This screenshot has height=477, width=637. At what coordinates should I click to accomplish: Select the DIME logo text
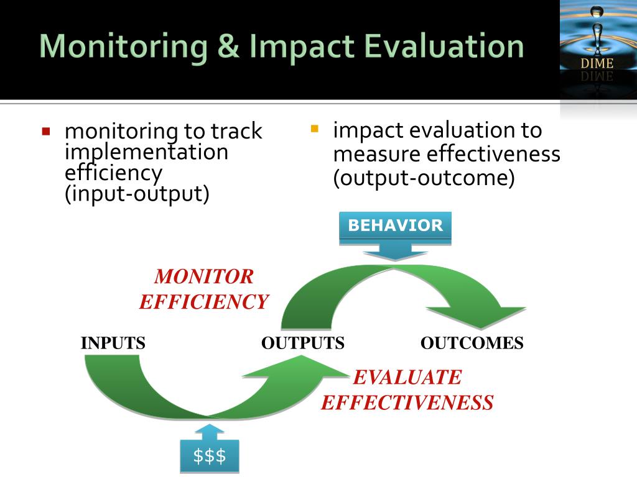coord(597,63)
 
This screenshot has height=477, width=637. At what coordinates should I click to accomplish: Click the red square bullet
coord(45,132)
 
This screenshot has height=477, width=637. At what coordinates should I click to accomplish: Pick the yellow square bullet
coord(314,129)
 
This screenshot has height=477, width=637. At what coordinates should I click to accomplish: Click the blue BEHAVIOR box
coord(395,226)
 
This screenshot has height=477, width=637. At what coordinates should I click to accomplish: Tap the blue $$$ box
coord(209,456)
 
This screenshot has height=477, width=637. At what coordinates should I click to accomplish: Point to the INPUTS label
coord(113,343)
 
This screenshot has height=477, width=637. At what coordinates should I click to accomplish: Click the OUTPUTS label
coord(303,343)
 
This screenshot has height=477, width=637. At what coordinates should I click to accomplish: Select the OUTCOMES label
coord(472,343)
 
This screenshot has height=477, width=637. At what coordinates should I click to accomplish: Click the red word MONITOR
coord(204,276)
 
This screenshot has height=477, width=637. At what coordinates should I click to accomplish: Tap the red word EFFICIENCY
coord(204,302)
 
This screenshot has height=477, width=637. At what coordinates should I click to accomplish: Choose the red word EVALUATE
coord(407,377)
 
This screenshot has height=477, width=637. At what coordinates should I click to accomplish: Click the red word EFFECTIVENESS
coord(407,402)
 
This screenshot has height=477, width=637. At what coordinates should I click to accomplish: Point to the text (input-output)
coord(137,193)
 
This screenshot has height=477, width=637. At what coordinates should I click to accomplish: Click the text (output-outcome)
coord(424,178)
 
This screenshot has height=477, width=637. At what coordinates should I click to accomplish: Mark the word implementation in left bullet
coord(147,152)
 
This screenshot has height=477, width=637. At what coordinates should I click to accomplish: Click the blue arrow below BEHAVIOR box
coord(394,252)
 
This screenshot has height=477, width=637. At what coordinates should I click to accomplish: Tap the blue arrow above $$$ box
coord(209,431)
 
